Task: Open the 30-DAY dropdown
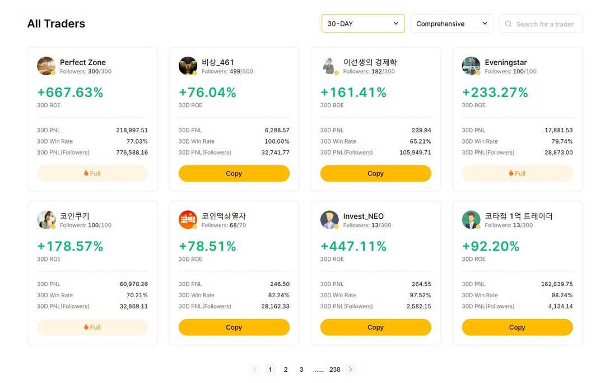[363, 24]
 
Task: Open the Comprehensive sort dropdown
[452, 24]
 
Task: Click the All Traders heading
[56, 24]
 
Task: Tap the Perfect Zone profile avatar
[46, 66]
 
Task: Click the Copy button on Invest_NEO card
[375, 327]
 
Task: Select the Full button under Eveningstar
[517, 173]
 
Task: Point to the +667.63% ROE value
[70, 93]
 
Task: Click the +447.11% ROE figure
[353, 246]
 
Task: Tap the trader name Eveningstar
[505, 62]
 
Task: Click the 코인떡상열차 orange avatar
[188, 220]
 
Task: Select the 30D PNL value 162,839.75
[556, 284]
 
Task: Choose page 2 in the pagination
[286, 370]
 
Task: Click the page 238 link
[335, 370]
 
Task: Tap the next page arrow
[351, 370]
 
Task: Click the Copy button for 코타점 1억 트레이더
[517, 327]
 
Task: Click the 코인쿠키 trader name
[75, 216]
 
